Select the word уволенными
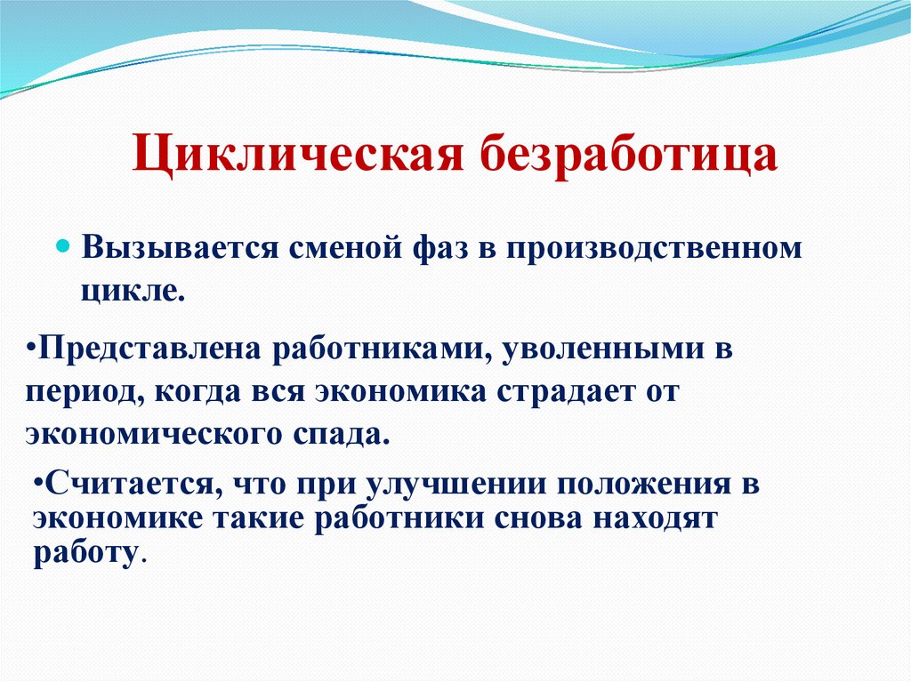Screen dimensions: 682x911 [x=607, y=348]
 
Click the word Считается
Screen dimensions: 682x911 [x=128, y=485]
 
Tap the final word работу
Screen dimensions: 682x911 [x=85, y=553]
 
